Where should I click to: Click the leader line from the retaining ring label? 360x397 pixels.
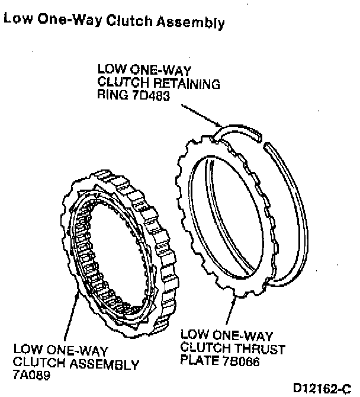tap(201, 116)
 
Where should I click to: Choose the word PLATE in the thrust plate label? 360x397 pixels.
tap(198, 358)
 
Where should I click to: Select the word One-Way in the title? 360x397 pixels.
tap(67, 22)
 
